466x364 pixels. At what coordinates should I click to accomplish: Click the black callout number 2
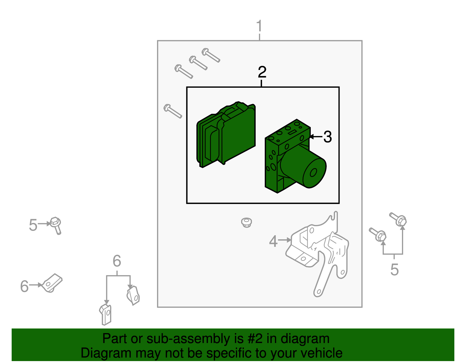(262, 72)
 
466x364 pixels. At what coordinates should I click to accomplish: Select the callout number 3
(327, 137)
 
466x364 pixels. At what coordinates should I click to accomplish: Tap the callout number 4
(273, 241)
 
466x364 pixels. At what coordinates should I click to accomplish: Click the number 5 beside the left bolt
(33, 225)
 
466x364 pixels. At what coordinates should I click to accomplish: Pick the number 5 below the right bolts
(394, 269)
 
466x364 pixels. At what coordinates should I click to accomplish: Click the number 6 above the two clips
(117, 261)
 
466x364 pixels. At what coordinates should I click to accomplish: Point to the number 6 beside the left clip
(24, 286)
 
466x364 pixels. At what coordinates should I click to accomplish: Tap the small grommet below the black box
(246, 222)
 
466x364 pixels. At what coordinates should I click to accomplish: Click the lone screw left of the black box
(173, 111)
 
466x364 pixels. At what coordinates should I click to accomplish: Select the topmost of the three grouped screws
(211, 55)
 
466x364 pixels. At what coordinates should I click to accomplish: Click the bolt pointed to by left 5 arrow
(56, 226)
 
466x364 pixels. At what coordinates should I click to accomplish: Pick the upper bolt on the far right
(398, 219)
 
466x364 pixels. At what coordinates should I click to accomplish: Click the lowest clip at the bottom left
(105, 315)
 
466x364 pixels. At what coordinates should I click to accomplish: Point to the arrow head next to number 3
(311, 137)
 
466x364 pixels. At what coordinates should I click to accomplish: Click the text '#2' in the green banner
(255, 338)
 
